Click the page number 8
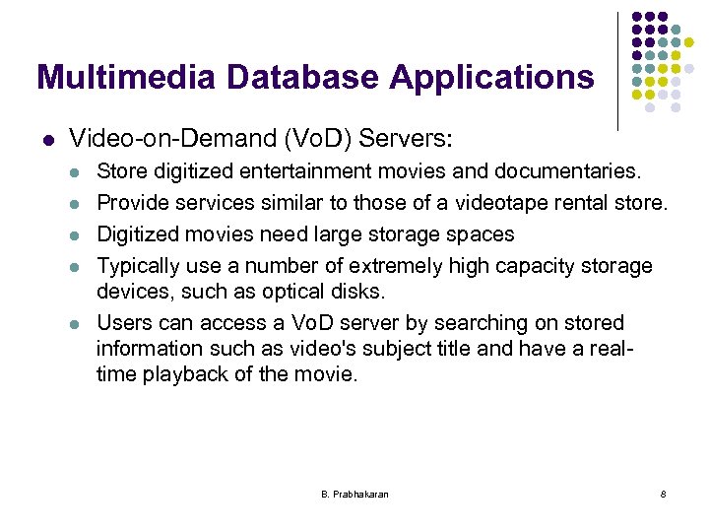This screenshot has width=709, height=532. coord(663,494)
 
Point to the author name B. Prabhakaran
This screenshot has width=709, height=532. coord(354,494)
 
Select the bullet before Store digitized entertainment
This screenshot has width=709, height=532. coord(74,172)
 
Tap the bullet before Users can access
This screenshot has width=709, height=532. coord(74,323)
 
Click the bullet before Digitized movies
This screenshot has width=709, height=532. coord(74,234)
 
